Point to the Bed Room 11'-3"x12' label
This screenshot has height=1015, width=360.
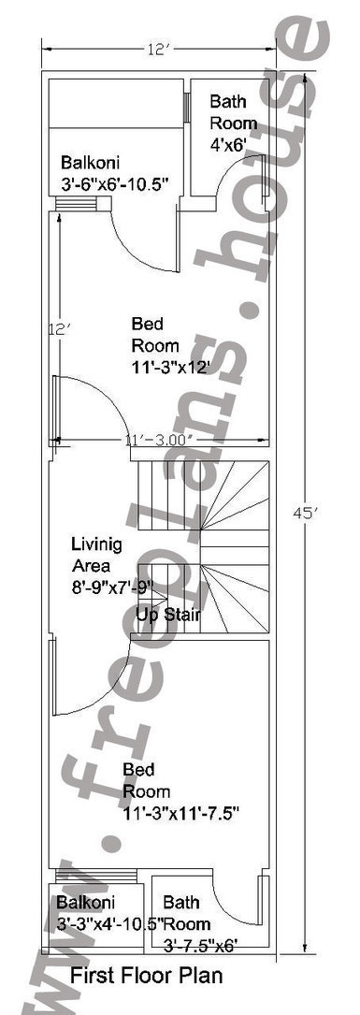coord(171,346)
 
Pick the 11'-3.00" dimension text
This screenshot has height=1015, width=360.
coord(160,441)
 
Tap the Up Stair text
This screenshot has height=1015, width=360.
coord(167,615)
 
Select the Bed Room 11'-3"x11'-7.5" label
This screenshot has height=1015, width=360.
coord(181,791)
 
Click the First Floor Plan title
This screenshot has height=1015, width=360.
coord(146,975)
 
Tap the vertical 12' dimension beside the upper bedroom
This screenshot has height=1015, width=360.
coord(58,329)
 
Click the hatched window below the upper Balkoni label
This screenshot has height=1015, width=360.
coord(75,204)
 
